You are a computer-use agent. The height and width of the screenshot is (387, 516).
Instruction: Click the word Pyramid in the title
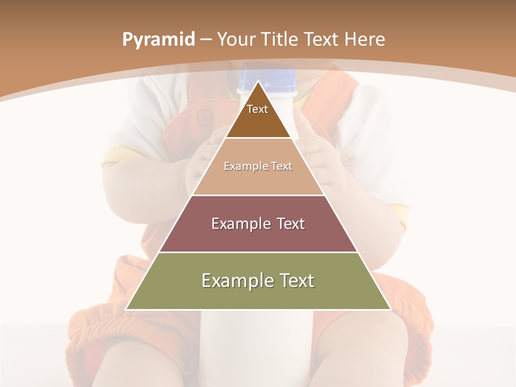158,40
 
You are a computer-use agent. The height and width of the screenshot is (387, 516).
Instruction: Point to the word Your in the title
237,39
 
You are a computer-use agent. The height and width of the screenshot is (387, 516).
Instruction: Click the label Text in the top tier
257,109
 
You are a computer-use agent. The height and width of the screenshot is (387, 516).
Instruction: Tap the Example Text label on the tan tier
258,166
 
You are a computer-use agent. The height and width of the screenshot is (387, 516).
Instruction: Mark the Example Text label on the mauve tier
258,224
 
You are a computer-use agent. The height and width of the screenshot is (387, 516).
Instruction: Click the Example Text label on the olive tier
258,281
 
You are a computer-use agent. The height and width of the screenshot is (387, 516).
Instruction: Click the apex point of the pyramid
258,81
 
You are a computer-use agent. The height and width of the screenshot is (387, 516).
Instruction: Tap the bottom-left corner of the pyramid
126,310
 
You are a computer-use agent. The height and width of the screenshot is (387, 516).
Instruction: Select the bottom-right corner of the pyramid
391,310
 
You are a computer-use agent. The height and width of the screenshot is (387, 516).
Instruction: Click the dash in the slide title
206,40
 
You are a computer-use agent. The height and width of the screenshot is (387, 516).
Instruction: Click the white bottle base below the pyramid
255,344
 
